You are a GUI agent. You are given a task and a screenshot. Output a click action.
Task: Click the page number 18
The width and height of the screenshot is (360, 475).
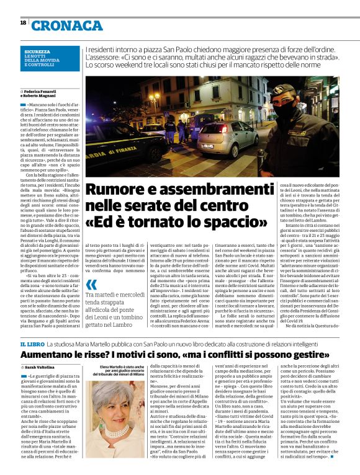pyautogui.click(x=23, y=23)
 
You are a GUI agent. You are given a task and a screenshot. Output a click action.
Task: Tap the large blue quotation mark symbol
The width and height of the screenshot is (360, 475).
pyautogui.click(x=91, y=286)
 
